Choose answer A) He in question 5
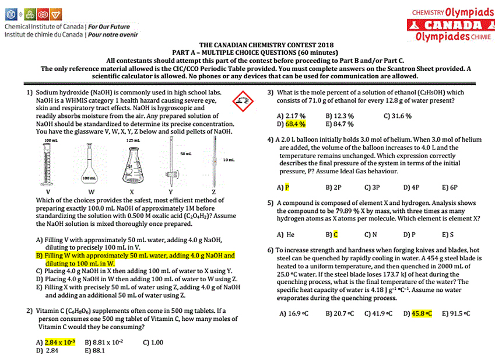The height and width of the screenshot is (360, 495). pos(286,235)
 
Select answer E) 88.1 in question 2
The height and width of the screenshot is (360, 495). pos(94,351)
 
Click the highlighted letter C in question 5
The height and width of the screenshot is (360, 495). pos(335,235)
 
